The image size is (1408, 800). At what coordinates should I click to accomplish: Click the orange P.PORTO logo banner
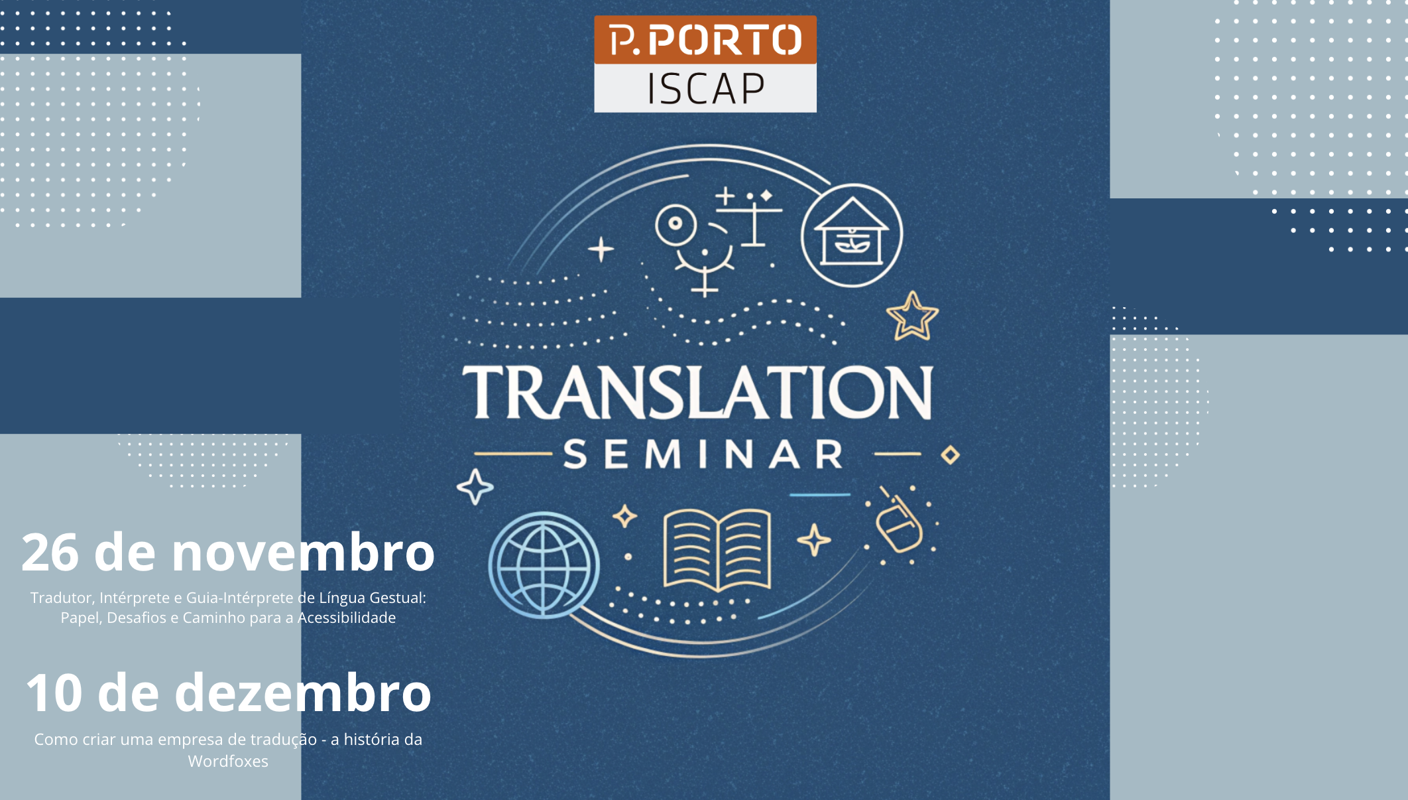705,40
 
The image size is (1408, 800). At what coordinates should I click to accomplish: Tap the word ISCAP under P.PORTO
706,89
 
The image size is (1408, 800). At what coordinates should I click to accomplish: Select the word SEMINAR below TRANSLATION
703,454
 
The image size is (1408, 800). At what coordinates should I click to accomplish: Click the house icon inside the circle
852,232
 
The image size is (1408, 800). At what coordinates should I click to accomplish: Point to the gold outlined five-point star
913,316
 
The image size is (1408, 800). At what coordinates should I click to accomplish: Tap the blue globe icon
544,565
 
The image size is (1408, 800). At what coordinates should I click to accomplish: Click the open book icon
717,550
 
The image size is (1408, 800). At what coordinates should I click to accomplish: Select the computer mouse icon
898,524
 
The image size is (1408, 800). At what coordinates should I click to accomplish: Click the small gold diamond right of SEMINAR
951,455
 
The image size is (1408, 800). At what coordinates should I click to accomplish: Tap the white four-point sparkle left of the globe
475,487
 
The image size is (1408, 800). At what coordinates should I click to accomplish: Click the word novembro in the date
303,553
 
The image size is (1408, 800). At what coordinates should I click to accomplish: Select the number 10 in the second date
54,693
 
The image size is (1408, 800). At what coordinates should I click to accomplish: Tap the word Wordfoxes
228,762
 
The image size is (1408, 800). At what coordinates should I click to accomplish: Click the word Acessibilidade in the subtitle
347,618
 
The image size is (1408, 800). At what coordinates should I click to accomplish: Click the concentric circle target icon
675,224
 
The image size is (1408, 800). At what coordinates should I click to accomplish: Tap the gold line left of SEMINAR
514,454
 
